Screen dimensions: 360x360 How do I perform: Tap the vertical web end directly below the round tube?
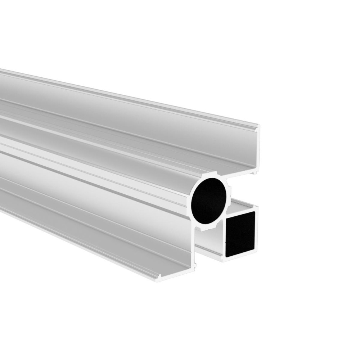point(196,248)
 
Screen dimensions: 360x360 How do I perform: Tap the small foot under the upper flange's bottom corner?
point(255,172)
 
